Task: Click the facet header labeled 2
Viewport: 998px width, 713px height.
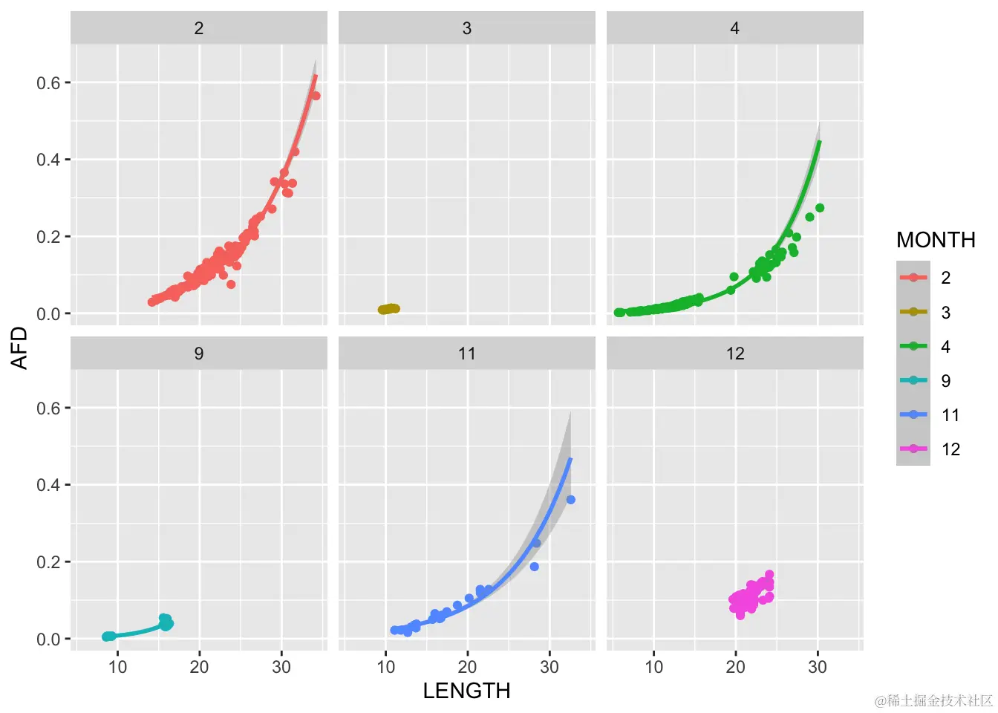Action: (199, 28)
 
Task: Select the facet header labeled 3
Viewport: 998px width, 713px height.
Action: (466, 28)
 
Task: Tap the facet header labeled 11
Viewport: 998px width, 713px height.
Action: (466, 354)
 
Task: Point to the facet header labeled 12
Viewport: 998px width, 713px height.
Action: (734, 354)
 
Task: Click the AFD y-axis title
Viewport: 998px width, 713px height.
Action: (19, 348)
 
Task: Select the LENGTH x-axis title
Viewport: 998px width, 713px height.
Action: (466, 691)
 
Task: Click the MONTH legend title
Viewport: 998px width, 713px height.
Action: (936, 240)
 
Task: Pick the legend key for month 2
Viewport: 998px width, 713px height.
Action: (913, 278)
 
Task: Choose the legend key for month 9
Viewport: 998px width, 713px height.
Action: (913, 381)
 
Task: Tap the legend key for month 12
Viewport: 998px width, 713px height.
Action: (913, 449)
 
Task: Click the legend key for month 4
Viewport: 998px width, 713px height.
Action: (913, 346)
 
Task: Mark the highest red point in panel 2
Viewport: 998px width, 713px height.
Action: (316, 96)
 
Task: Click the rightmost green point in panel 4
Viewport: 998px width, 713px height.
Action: (820, 208)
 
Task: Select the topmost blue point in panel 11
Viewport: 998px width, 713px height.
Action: (570, 500)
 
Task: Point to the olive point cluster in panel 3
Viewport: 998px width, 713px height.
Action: (388, 309)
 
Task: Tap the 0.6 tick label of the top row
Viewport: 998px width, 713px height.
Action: (48, 83)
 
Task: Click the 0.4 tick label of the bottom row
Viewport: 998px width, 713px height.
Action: (48, 485)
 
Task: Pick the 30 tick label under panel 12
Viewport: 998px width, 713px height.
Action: (818, 667)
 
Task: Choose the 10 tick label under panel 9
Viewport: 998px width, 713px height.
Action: (117, 667)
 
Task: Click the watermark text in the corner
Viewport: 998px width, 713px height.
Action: (933, 700)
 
